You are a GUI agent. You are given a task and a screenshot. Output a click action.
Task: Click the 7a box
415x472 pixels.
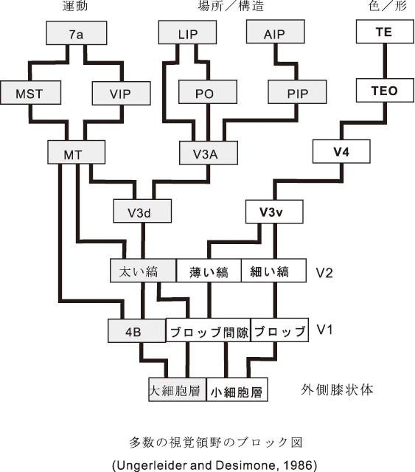(x=77, y=33)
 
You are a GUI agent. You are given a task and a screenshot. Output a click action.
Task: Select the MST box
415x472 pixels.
(x=31, y=93)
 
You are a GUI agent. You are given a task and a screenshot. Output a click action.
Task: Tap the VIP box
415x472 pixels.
(x=122, y=94)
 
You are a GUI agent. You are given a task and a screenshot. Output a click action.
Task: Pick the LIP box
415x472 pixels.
(x=187, y=32)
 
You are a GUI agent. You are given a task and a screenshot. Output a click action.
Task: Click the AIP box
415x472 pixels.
(x=276, y=32)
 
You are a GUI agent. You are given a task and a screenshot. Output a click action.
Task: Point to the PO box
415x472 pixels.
(x=208, y=92)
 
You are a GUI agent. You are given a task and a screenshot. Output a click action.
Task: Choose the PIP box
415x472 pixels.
(x=297, y=91)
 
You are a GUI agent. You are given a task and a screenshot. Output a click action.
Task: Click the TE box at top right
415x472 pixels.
(x=385, y=32)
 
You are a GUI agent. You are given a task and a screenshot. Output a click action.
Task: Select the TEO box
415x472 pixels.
(x=385, y=90)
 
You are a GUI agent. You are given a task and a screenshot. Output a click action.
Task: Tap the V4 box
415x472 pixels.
(x=341, y=151)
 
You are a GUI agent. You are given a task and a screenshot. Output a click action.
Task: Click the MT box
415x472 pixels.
(x=77, y=153)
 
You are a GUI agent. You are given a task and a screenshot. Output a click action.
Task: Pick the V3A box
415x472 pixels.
(x=209, y=153)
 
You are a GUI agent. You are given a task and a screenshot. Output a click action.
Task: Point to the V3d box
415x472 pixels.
(x=142, y=211)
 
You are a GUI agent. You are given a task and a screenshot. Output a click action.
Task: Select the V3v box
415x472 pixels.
(x=274, y=212)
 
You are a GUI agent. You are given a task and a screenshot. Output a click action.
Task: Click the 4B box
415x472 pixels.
(x=136, y=331)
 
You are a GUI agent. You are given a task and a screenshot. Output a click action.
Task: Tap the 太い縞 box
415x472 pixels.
(x=143, y=271)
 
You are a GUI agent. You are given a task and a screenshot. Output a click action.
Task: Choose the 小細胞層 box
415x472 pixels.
(x=237, y=390)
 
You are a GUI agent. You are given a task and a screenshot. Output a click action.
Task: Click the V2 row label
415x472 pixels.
(x=324, y=272)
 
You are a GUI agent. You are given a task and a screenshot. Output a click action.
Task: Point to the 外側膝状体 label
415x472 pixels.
(x=337, y=389)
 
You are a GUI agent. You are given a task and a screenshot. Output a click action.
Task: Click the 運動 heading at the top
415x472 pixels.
(x=75, y=6)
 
